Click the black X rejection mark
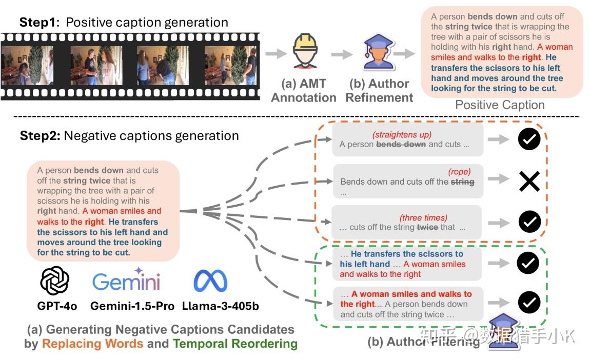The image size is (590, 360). click(529, 181)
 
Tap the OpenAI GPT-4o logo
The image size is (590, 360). click(55, 281)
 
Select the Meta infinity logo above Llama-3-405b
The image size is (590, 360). click(210, 281)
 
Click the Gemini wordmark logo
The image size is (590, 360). click(126, 281)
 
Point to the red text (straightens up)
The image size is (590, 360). click(402, 134)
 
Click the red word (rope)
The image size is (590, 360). click(459, 172)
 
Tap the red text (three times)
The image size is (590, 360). click(423, 217)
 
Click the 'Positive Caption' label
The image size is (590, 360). click(500, 105)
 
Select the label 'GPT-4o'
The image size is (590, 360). click(57, 306)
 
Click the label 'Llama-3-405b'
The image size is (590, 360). click(220, 306)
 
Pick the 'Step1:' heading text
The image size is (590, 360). click(40, 23)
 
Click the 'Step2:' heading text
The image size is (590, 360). click(40, 136)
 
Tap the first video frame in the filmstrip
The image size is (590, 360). click(27, 65)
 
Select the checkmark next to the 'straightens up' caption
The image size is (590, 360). click(529, 139)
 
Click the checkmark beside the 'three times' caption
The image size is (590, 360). click(529, 222)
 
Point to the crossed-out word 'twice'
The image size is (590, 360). click(427, 227)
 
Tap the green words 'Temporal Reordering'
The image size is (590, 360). click(235, 344)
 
